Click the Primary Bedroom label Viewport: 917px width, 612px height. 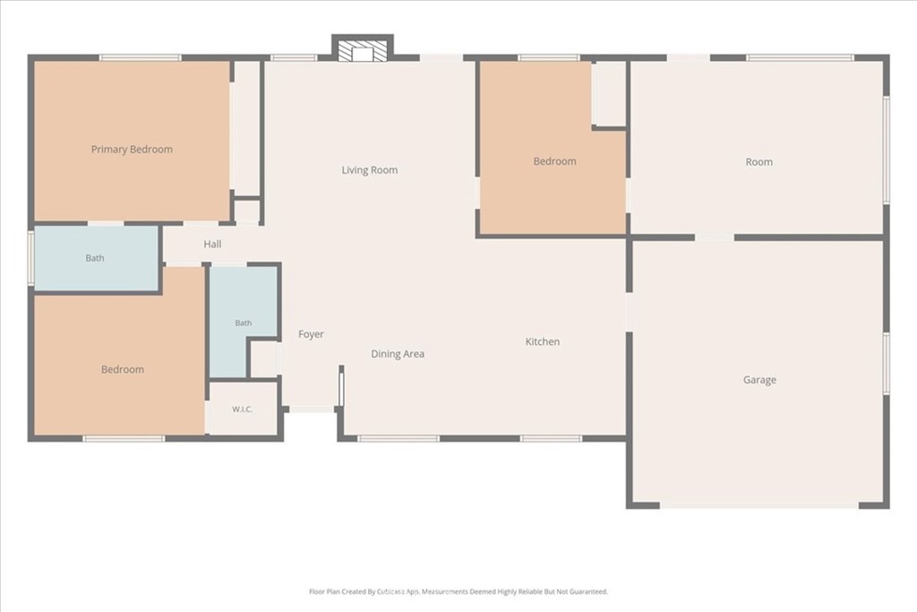[x=132, y=150]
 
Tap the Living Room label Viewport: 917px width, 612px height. [x=370, y=170]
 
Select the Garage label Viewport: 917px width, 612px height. [x=759, y=380]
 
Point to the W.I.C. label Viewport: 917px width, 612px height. [x=242, y=409]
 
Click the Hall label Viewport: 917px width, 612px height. [x=212, y=244]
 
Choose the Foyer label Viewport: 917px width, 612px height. [x=311, y=334]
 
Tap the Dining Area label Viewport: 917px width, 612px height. [x=398, y=353]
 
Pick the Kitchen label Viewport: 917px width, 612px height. [x=542, y=341]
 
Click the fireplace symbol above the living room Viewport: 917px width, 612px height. [x=363, y=51]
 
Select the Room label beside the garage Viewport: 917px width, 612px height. [x=759, y=162]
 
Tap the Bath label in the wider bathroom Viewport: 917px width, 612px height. [x=95, y=258]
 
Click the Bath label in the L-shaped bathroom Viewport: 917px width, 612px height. [x=244, y=323]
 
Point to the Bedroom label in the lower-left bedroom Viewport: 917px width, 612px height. [x=122, y=369]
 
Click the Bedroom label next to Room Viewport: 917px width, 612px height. [x=554, y=161]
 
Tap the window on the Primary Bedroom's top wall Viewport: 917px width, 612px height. [x=140, y=58]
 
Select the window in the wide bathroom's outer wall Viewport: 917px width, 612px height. [x=31, y=258]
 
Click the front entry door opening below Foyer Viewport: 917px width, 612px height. [x=311, y=409]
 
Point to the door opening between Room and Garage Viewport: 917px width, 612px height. [x=714, y=237]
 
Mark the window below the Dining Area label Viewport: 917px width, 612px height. [x=399, y=438]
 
